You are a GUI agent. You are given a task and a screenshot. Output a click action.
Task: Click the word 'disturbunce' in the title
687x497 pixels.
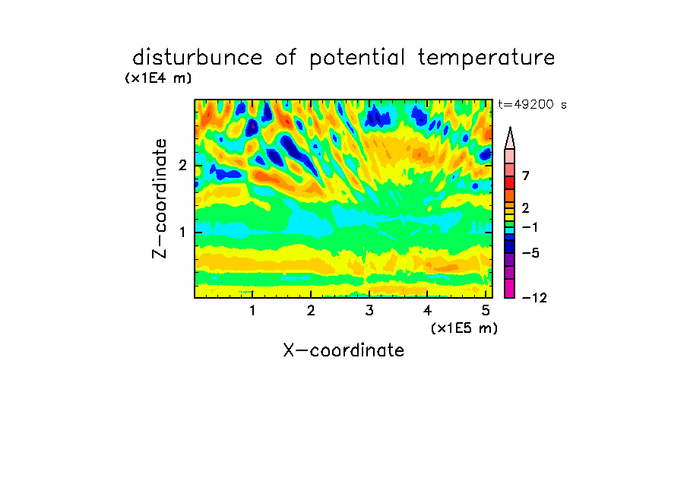click(x=198, y=58)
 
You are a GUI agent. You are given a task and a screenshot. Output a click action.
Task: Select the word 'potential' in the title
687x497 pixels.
click(x=357, y=59)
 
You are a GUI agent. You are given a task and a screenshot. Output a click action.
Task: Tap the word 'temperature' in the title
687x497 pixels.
click(x=486, y=59)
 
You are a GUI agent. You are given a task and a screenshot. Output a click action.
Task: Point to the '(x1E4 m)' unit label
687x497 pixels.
click(x=158, y=78)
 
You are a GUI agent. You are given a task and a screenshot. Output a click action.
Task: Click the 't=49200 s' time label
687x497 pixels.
click(x=532, y=104)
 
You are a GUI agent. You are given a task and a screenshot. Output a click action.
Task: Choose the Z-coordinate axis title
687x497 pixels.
click(x=160, y=198)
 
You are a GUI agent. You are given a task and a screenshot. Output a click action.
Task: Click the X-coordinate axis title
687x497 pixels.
click(x=343, y=350)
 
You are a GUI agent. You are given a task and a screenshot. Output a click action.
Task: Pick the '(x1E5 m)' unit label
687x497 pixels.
click(x=464, y=328)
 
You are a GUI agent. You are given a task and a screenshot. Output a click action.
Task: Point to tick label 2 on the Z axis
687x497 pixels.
click(x=182, y=166)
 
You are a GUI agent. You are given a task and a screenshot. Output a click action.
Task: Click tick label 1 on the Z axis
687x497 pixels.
click(x=182, y=232)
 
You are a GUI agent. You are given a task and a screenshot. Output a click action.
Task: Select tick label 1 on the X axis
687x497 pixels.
click(x=252, y=311)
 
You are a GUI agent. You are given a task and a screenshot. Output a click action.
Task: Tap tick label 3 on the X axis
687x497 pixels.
click(x=369, y=311)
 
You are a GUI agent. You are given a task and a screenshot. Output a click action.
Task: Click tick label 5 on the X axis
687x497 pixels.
click(x=486, y=311)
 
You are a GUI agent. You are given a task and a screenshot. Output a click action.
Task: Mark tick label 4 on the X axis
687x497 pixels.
click(x=428, y=311)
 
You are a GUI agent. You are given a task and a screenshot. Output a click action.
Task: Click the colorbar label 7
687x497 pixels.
click(x=526, y=176)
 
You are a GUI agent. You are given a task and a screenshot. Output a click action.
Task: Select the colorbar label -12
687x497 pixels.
click(x=534, y=298)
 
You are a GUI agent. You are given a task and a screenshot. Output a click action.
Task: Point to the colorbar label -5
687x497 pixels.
click(x=530, y=253)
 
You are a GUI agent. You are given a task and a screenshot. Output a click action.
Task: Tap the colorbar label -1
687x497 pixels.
click(x=530, y=227)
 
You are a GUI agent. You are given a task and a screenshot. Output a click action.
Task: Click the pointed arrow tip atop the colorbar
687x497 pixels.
click(x=510, y=128)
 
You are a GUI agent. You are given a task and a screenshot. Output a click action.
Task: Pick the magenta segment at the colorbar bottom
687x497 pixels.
click(x=510, y=288)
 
